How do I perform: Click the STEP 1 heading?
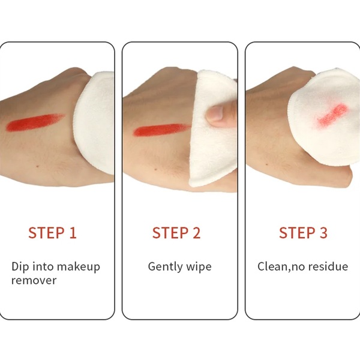pos(52,233)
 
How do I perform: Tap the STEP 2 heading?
pos(176,233)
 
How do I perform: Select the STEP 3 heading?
pos(303,233)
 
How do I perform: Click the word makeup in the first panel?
pos(78,267)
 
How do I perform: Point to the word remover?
pos(34,281)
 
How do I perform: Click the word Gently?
pos(165,267)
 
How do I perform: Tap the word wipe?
pos(199,267)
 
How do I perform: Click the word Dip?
pos(20,267)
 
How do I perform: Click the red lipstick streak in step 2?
pos(162,130)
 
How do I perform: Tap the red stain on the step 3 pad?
pos(332,115)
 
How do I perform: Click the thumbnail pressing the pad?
pos(215,113)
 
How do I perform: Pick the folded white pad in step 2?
pos(212,128)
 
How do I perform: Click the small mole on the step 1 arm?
pos(37,166)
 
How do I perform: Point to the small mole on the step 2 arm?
pos(155,169)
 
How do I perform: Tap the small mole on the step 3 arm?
pos(266,164)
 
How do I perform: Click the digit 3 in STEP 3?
pos(323,233)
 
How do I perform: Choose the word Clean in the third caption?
pos(272,267)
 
